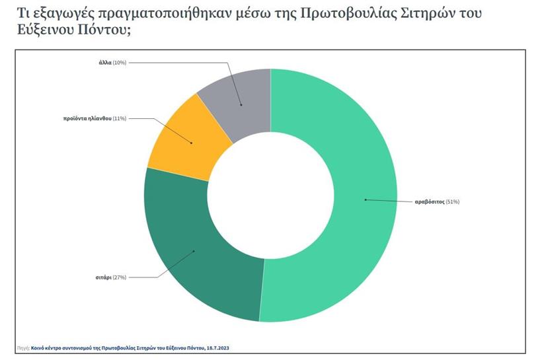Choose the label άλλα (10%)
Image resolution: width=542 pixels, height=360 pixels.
click(x=110, y=62)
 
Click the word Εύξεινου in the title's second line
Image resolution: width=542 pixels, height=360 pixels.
click(x=40, y=31)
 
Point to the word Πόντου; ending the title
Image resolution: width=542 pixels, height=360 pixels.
click(x=105, y=31)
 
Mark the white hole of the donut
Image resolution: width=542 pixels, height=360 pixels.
click(x=271, y=195)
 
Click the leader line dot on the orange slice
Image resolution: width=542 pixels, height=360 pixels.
click(x=192, y=143)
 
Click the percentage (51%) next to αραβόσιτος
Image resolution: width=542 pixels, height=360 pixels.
click(x=452, y=201)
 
